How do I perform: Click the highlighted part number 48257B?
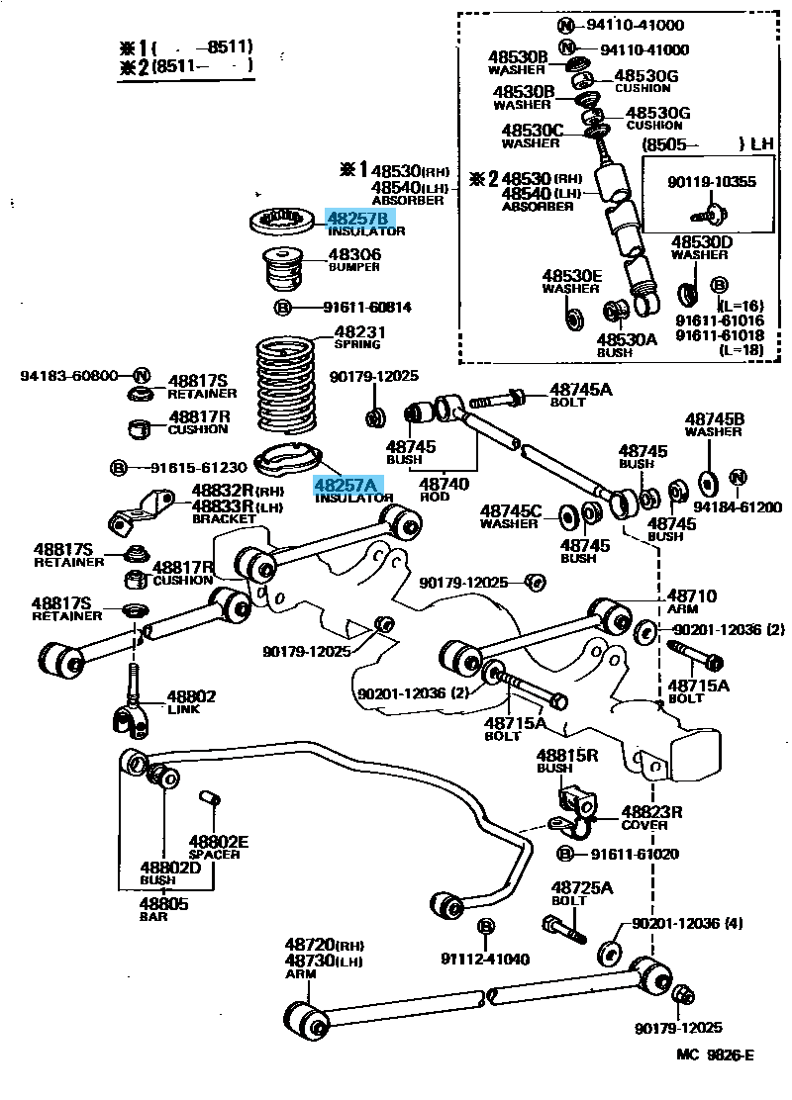click(360, 219)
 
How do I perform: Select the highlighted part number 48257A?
click(346, 485)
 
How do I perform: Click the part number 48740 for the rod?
click(444, 485)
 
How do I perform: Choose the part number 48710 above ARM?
click(691, 596)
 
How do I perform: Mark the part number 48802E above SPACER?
click(219, 842)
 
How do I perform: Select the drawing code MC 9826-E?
click(715, 1054)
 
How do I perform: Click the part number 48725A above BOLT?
click(582, 887)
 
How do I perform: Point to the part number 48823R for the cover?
click(651, 811)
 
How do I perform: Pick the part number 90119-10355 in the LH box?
click(711, 182)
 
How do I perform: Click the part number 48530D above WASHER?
click(702, 241)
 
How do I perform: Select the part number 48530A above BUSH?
click(626, 338)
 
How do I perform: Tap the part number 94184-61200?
click(738, 506)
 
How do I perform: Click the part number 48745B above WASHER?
click(714, 418)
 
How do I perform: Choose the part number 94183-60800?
click(70, 376)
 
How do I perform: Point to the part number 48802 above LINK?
click(190, 696)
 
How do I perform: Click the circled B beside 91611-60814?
click(282, 308)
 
